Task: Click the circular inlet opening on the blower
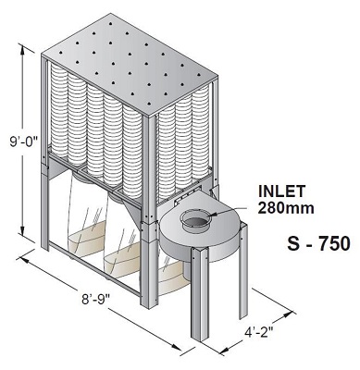(x=197, y=221)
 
